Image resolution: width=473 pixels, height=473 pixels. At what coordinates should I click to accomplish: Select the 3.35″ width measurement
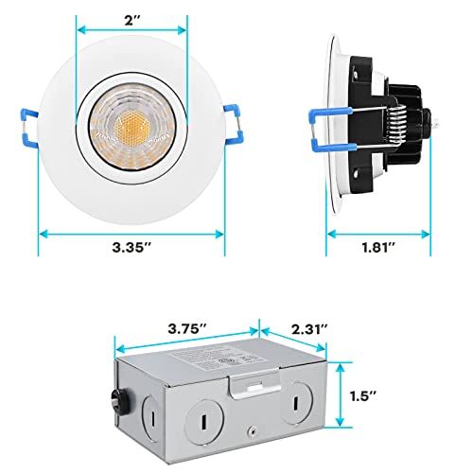pos(131,249)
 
